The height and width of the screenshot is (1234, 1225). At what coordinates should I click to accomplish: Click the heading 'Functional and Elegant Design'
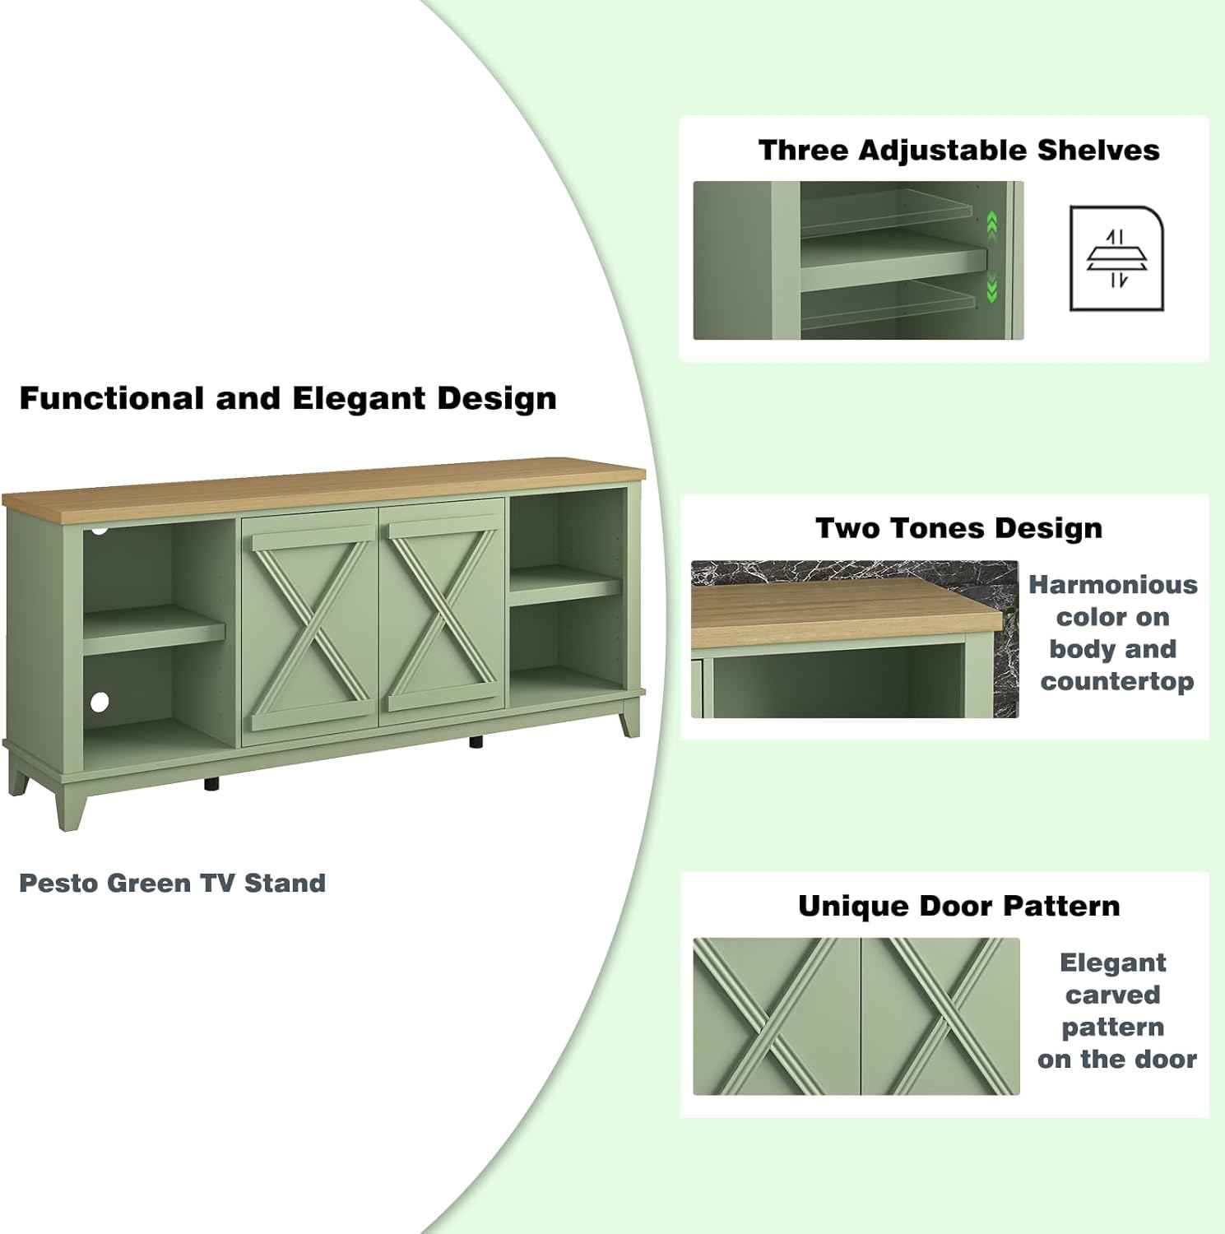(288, 398)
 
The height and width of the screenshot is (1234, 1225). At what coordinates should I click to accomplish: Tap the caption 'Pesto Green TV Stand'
(173, 883)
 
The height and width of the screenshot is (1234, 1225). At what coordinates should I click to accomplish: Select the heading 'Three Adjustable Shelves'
(958, 151)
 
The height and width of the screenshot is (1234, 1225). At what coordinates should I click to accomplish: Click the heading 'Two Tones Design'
(958, 528)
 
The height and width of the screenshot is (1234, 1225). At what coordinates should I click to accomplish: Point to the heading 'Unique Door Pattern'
(958, 906)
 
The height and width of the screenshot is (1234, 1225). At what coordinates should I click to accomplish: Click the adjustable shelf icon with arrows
(1116, 258)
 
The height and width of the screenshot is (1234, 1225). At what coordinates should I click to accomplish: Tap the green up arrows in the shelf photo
(992, 225)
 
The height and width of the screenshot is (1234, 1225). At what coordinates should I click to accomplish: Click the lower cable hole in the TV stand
(100, 702)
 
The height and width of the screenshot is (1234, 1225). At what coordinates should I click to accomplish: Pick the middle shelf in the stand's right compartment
(565, 585)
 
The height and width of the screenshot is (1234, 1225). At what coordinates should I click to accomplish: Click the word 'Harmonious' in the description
(1112, 585)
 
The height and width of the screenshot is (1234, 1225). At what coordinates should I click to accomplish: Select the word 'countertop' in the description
(1116, 681)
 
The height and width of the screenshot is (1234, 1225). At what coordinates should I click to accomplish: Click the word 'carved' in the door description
(1112, 995)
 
